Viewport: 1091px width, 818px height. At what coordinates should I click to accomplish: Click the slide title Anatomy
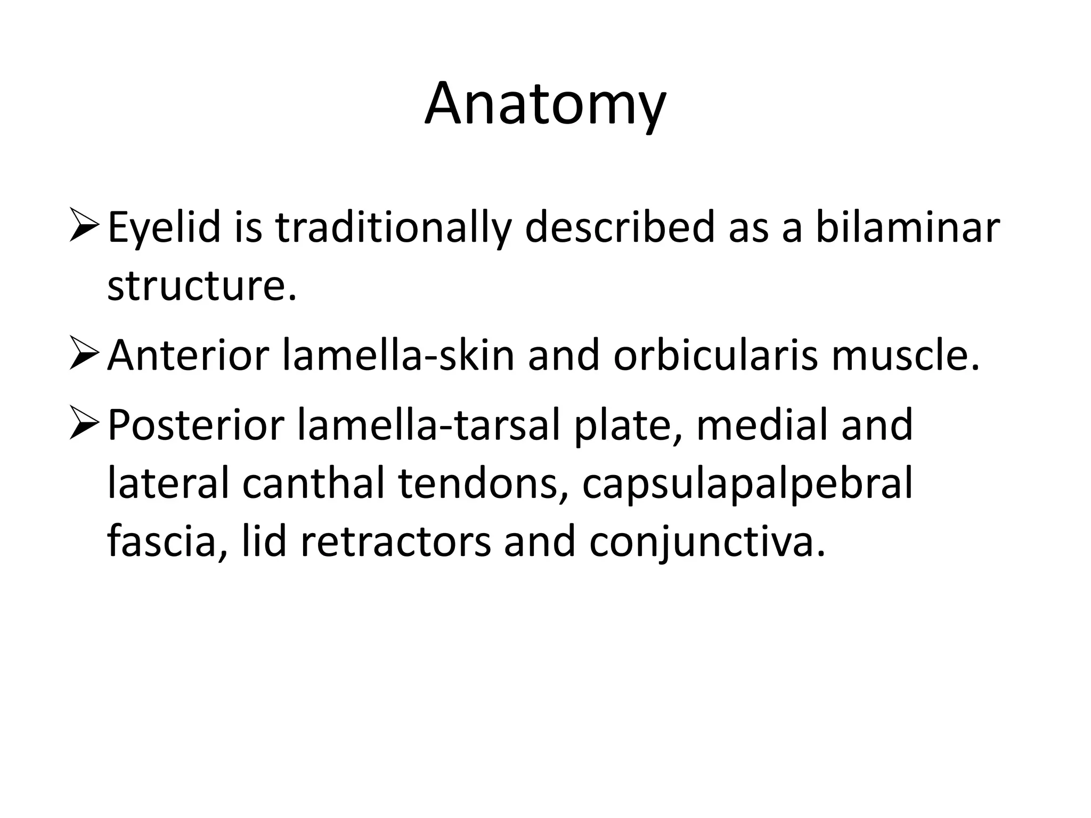point(545,104)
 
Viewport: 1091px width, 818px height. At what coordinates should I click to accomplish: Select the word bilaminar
point(908,227)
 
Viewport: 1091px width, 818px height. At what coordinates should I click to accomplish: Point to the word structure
point(201,286)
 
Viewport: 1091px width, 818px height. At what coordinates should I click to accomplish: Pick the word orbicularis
point(715,355)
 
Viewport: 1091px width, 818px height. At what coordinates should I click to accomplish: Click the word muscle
point(906,355)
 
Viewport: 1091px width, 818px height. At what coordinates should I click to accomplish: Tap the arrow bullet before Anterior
point(84,356)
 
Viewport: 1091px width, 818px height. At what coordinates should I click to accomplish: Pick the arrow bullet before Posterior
point(84,425)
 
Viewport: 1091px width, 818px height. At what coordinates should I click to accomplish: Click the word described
point(620,227)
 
